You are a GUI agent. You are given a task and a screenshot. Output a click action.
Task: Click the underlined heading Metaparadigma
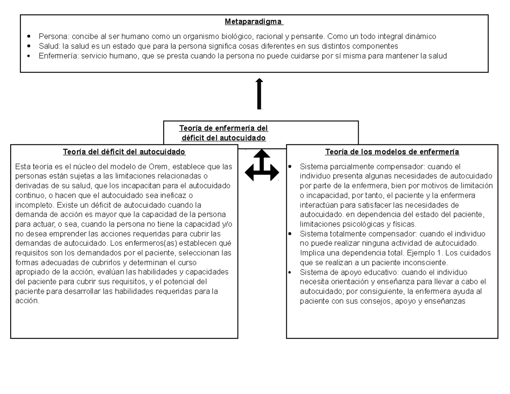(x=254, y=22)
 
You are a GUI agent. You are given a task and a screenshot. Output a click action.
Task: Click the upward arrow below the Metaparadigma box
(x=259, y=94)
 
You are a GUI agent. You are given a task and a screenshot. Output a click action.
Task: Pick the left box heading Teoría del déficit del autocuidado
(x=124, y=152)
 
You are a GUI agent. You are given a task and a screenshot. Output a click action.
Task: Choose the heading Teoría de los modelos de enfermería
(x=392, y=152)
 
